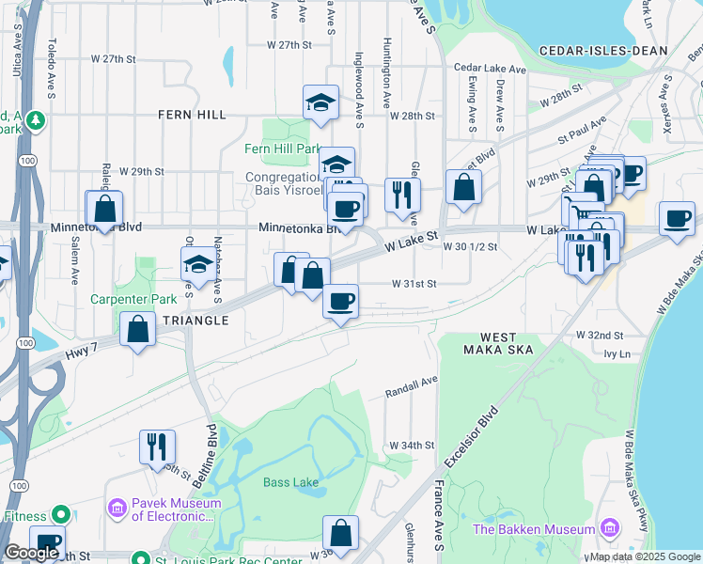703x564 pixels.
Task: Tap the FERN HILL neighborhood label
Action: click(193, 114)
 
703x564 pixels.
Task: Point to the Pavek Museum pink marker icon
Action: click(117, 508)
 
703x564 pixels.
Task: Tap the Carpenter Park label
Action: click(120, 300)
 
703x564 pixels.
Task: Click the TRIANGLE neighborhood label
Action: click(195, 321)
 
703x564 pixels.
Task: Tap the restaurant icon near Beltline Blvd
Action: click(157, 446)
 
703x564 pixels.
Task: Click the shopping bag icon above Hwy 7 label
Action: click(138, 330)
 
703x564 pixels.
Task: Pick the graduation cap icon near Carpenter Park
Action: click(199, 264)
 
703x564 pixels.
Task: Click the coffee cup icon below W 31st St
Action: click(340, 302)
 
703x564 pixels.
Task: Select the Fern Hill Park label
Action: click(282, 149)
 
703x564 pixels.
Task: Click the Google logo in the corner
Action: click(31, 553)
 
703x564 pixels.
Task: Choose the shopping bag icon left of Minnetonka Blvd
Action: click(104, 208)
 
